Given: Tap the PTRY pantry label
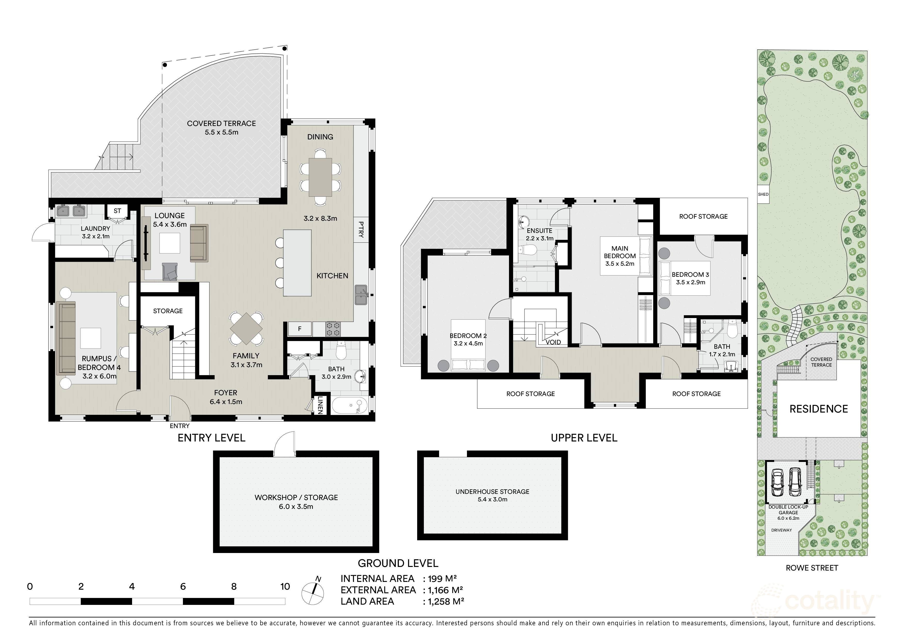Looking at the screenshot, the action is point(361,230).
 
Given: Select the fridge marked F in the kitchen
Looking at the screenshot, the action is point(300,328).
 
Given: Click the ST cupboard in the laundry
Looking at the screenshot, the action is point(117,211).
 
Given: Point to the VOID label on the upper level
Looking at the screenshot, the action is point(553,342).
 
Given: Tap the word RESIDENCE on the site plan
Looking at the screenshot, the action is point(819,409).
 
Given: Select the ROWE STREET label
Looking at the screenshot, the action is point(812,568).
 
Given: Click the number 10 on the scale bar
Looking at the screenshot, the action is point(285,586).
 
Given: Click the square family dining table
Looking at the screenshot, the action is point(246,329).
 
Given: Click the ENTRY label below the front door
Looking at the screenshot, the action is point(180,426).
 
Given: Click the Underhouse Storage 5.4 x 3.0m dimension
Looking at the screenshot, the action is point(492,499).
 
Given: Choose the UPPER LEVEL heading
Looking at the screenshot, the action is point(584,438).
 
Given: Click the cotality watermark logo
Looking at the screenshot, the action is point(816,602).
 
